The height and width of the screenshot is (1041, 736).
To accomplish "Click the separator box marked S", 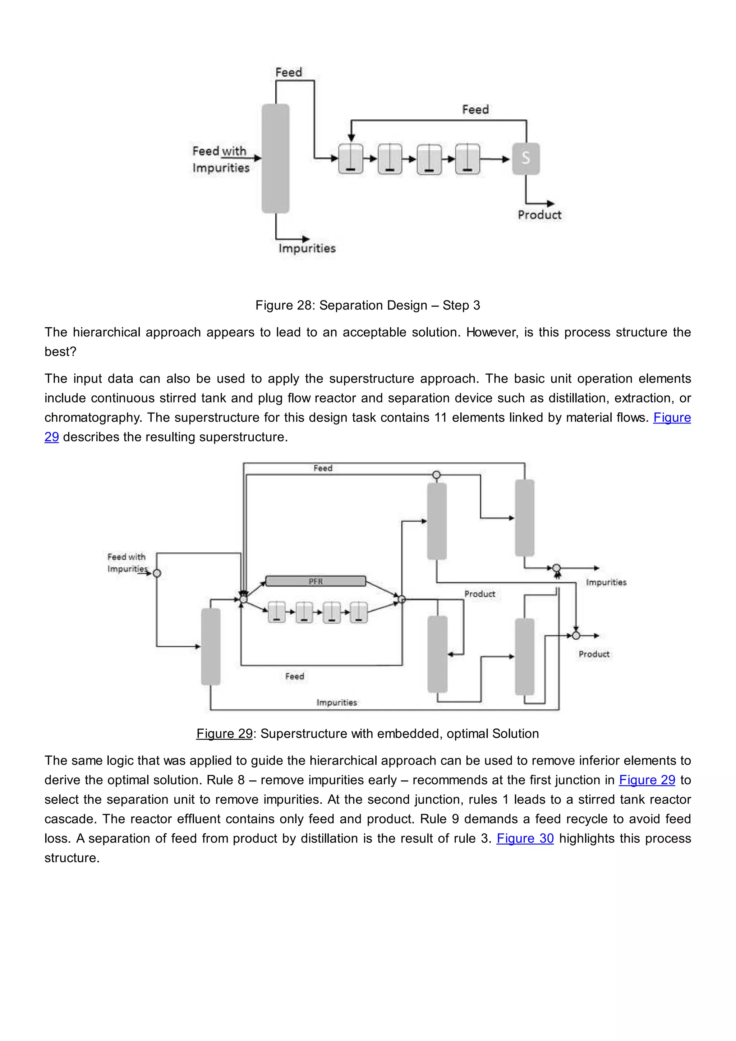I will click(526, 158).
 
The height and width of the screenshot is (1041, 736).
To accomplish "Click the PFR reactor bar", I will click(316, 581).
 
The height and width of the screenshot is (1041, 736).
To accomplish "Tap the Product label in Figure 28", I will click(539, 215).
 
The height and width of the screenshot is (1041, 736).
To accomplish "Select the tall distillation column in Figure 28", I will click(276, 158).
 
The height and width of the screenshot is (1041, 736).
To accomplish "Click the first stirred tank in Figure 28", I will click(351, 159).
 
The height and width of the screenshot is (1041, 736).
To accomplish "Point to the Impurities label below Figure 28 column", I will click(307, 248).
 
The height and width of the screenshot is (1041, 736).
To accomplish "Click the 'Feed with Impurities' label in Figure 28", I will click(221, 159).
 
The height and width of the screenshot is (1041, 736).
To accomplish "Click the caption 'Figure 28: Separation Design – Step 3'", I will click(368, 305).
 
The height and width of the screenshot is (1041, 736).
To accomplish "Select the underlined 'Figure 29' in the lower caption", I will click(224, 734).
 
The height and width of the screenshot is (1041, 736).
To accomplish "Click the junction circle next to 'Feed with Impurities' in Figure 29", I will click(157, 573).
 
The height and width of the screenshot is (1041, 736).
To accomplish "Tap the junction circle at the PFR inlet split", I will click(243, 599).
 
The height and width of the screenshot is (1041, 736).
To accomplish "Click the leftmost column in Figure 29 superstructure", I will click(211, 646).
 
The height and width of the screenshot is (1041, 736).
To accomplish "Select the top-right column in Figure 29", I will click(524, 517).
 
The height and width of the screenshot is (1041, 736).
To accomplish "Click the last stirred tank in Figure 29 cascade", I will click(359, 612).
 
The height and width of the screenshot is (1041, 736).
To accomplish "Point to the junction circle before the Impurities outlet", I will click(557, 568).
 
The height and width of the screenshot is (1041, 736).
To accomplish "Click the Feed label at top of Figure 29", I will click(323, 468).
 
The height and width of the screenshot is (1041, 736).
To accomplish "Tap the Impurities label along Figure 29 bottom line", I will click(337, 702).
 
